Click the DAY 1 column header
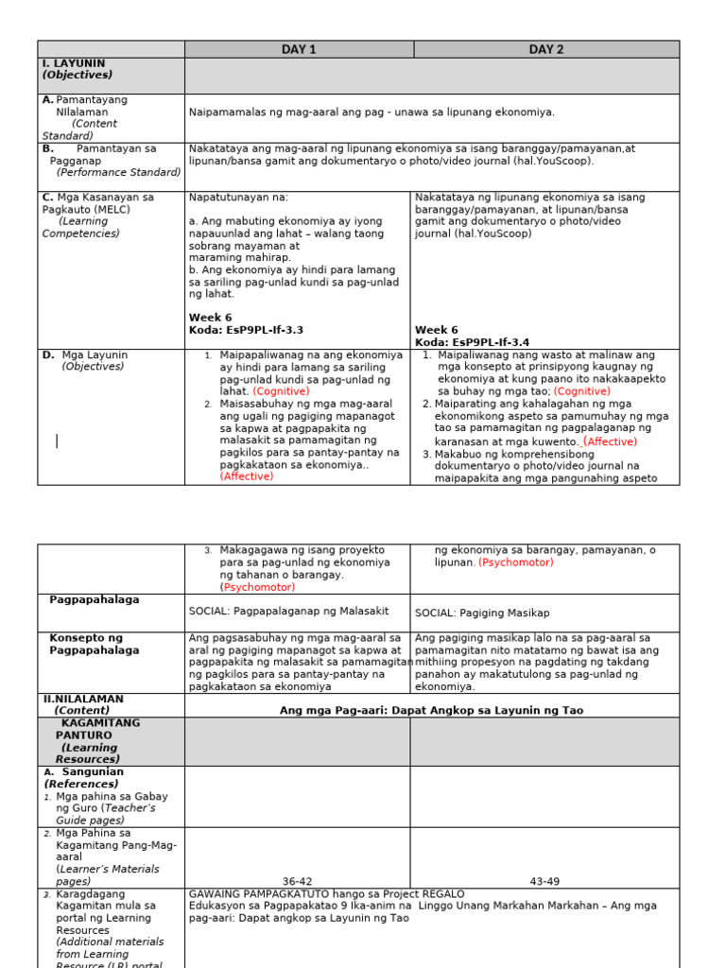pyautogui.click(x=299, y=49)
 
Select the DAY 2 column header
pyautogui.click(x=546, y=49)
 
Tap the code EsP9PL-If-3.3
pyautogui.click(x=251, y=330)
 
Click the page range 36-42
pyautogui.click(x=298, y=881)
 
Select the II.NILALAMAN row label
pyautogui.click(x=83, y=699)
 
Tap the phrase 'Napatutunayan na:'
pyautogui.click(x=238, y=198)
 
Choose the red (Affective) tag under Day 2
pyautogui.click(x=610, y=441)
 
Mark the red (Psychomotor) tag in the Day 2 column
pyautogui.click(x=515, y=562)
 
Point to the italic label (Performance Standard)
pyautogui.click(x=118, y=172)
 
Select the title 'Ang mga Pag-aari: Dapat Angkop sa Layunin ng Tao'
pyautogui.click(x=431, y=710)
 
